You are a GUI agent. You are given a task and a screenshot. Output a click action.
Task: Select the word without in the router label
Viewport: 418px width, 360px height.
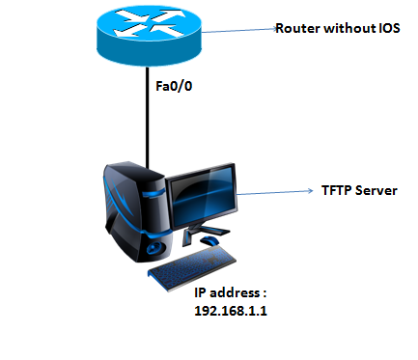click(x=345, y=29)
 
